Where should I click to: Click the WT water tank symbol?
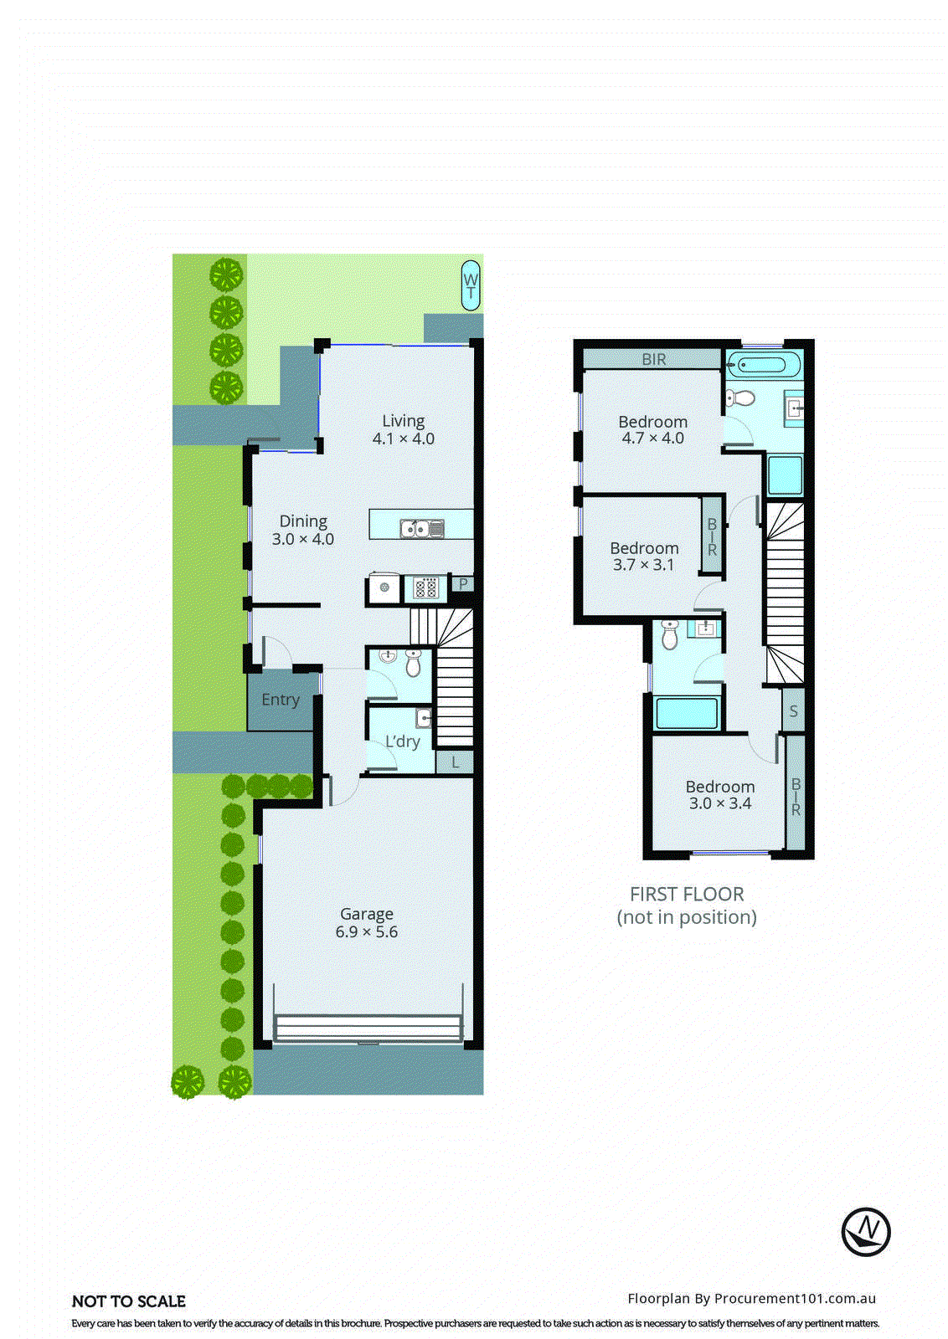pos(471,285)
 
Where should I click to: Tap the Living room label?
pos(403,429)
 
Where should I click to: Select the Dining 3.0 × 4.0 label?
pos(302,531)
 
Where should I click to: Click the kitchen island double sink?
pos(421,529)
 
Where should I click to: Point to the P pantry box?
pos(462,584)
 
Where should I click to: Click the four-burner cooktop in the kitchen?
pos(425,588)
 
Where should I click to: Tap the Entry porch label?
pos(280,700)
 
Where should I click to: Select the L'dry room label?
pos(402,741)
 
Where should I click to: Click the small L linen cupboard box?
pos(455,762)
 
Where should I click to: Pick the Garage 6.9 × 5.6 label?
pos(366,923)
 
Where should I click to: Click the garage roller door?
pos(368,1028)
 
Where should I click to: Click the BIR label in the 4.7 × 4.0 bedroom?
pos(653,359)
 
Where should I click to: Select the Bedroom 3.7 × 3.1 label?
pos(643,557)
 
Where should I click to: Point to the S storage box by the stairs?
pos(793,711)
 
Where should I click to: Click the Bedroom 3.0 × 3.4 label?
pos(719,795)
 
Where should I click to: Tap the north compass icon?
pos(865,1231)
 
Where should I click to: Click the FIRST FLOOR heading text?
pos(687,894)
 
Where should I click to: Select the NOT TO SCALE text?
pos(129,1301)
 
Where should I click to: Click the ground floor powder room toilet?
pos(413,664)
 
